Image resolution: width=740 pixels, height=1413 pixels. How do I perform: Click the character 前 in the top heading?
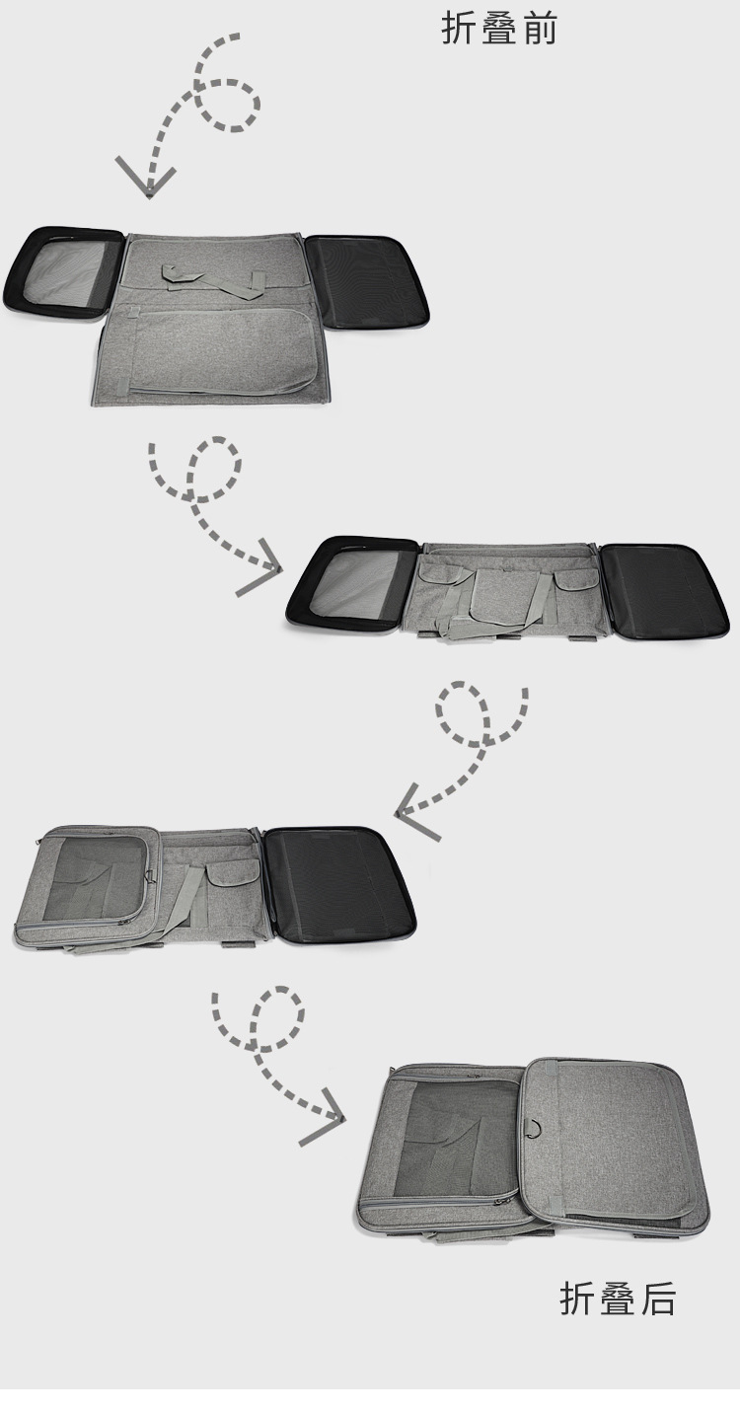(x=540, y=29)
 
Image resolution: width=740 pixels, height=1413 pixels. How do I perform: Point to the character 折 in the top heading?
(x=459, y=29)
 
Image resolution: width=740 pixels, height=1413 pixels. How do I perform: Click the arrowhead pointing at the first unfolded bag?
(x=146, y=180)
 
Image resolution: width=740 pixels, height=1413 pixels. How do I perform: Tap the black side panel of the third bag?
(x=338, y=885)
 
